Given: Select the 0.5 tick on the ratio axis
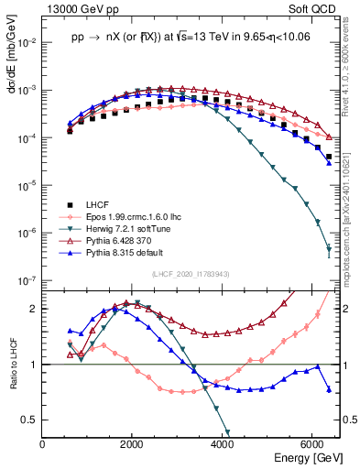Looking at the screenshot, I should coord(29,420).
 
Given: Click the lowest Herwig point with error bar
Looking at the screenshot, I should coord(328,250).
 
